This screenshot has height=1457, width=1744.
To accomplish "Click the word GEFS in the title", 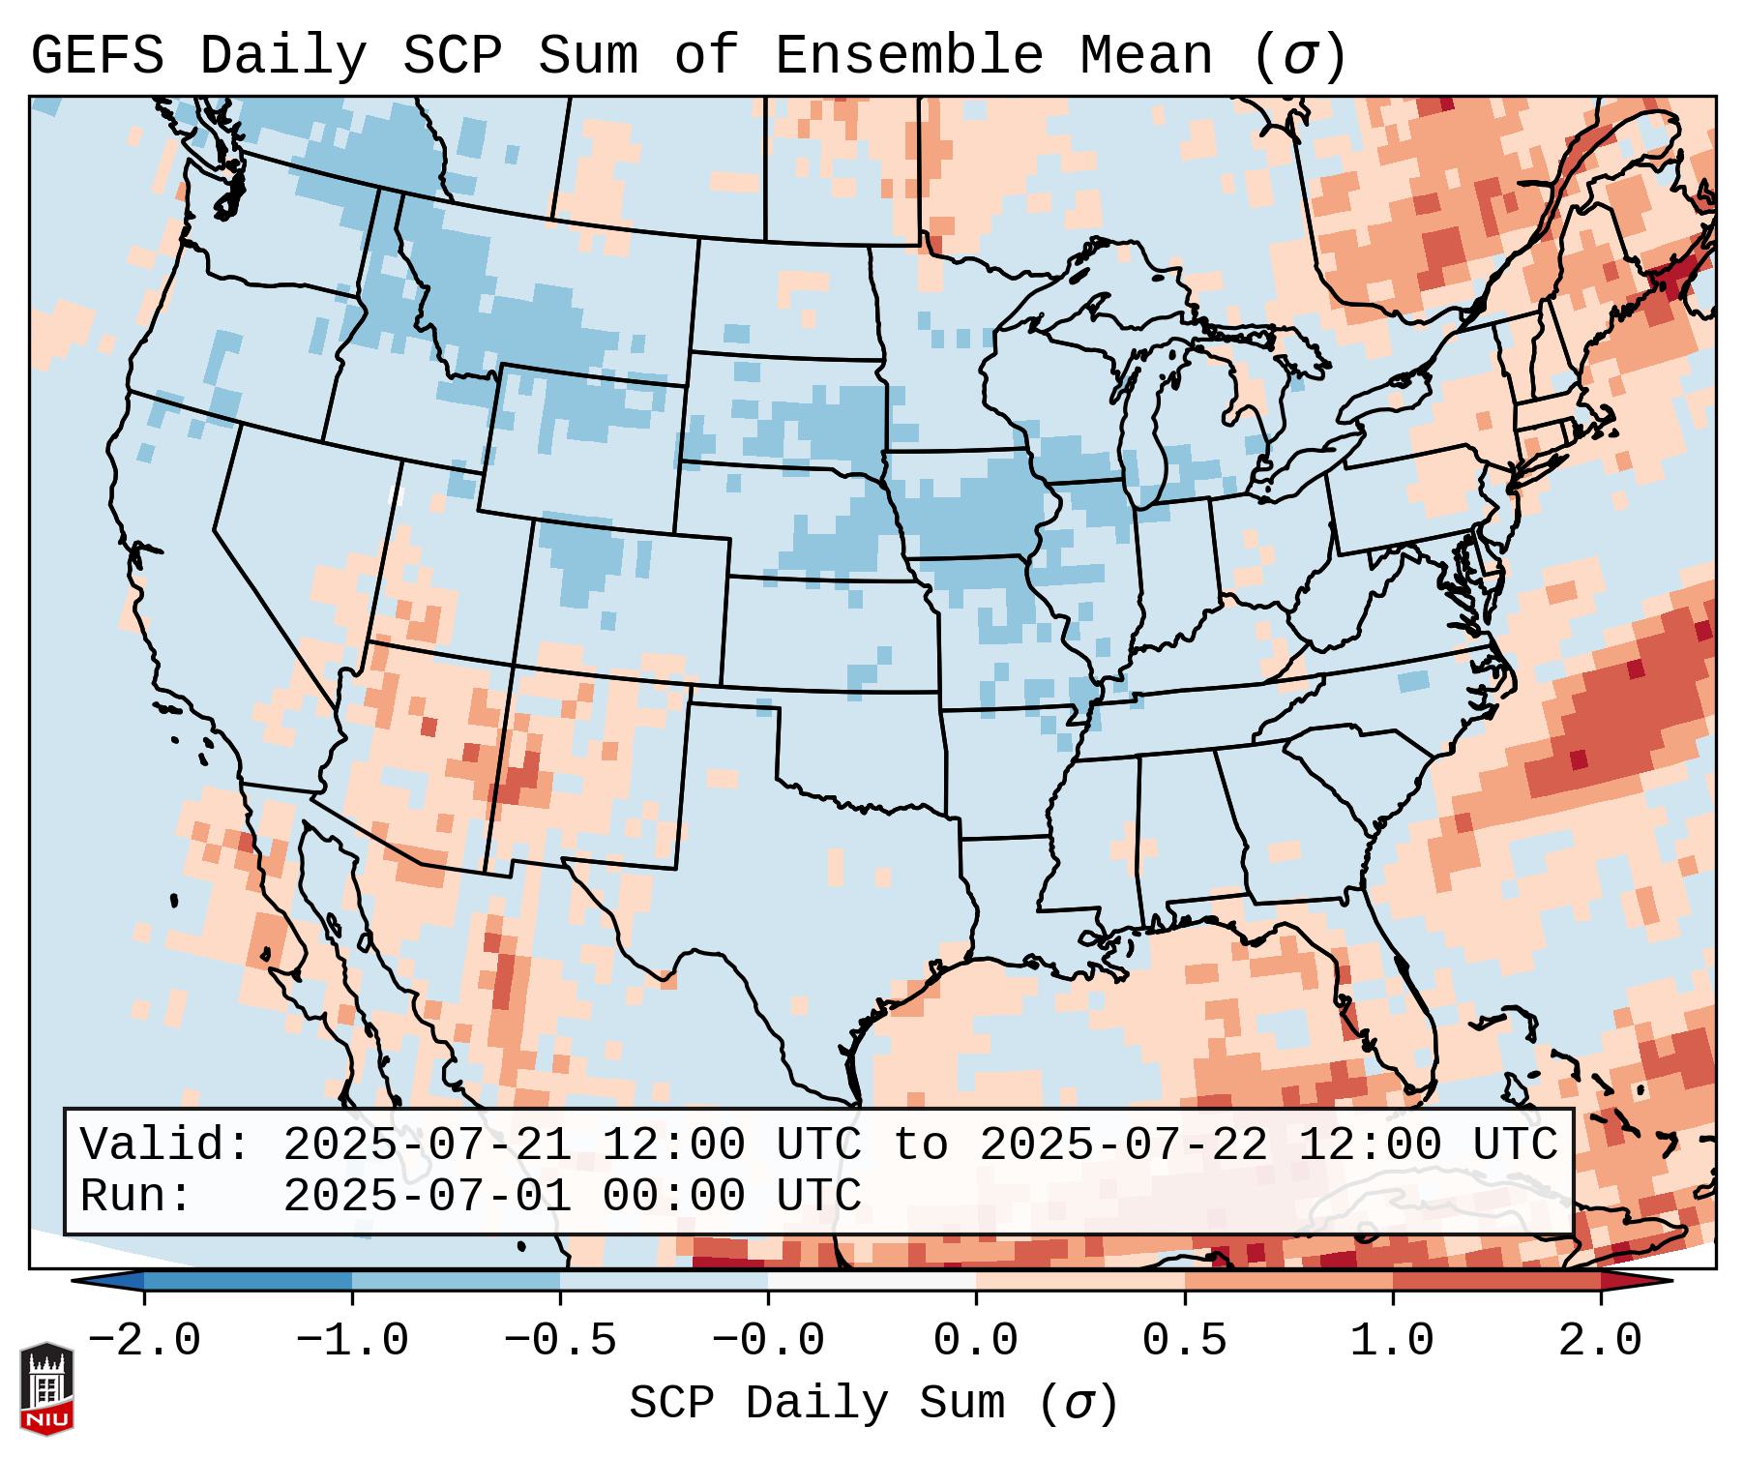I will pyautogui.click(x=97, y=55).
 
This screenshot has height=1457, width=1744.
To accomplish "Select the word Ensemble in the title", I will pyautogui.click(x=908, y=55).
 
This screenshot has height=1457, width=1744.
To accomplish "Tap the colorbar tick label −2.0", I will pyautogui.click(x=144, y=1341).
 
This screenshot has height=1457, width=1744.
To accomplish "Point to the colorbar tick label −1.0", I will pyautogui.click(x=352, y=1341).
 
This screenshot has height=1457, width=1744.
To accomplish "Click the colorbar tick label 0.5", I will pyautogui.click(x=1184, y=1341).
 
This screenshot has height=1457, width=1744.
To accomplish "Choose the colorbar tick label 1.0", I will pyautogui.click(x=1392, y=1341).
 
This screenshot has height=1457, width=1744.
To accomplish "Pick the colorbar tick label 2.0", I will pyautogui.click(x=1600, y=1341).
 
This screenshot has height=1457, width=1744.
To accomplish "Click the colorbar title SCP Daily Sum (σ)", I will pyautogui.click(x=872, y=1403).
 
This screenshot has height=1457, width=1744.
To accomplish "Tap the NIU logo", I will pyautogui.click(x=46, y=1388).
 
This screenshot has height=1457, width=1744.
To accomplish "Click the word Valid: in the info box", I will pyautogui.click(x=165, y=1145).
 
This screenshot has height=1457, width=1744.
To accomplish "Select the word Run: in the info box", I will pyautogui.click(x=136, y=1196).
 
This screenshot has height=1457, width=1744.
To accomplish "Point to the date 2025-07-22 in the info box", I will pyautogui.click(x=1123, y=1145).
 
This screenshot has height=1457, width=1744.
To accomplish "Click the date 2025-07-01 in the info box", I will pyautogui.click(x=427, y=1196).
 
